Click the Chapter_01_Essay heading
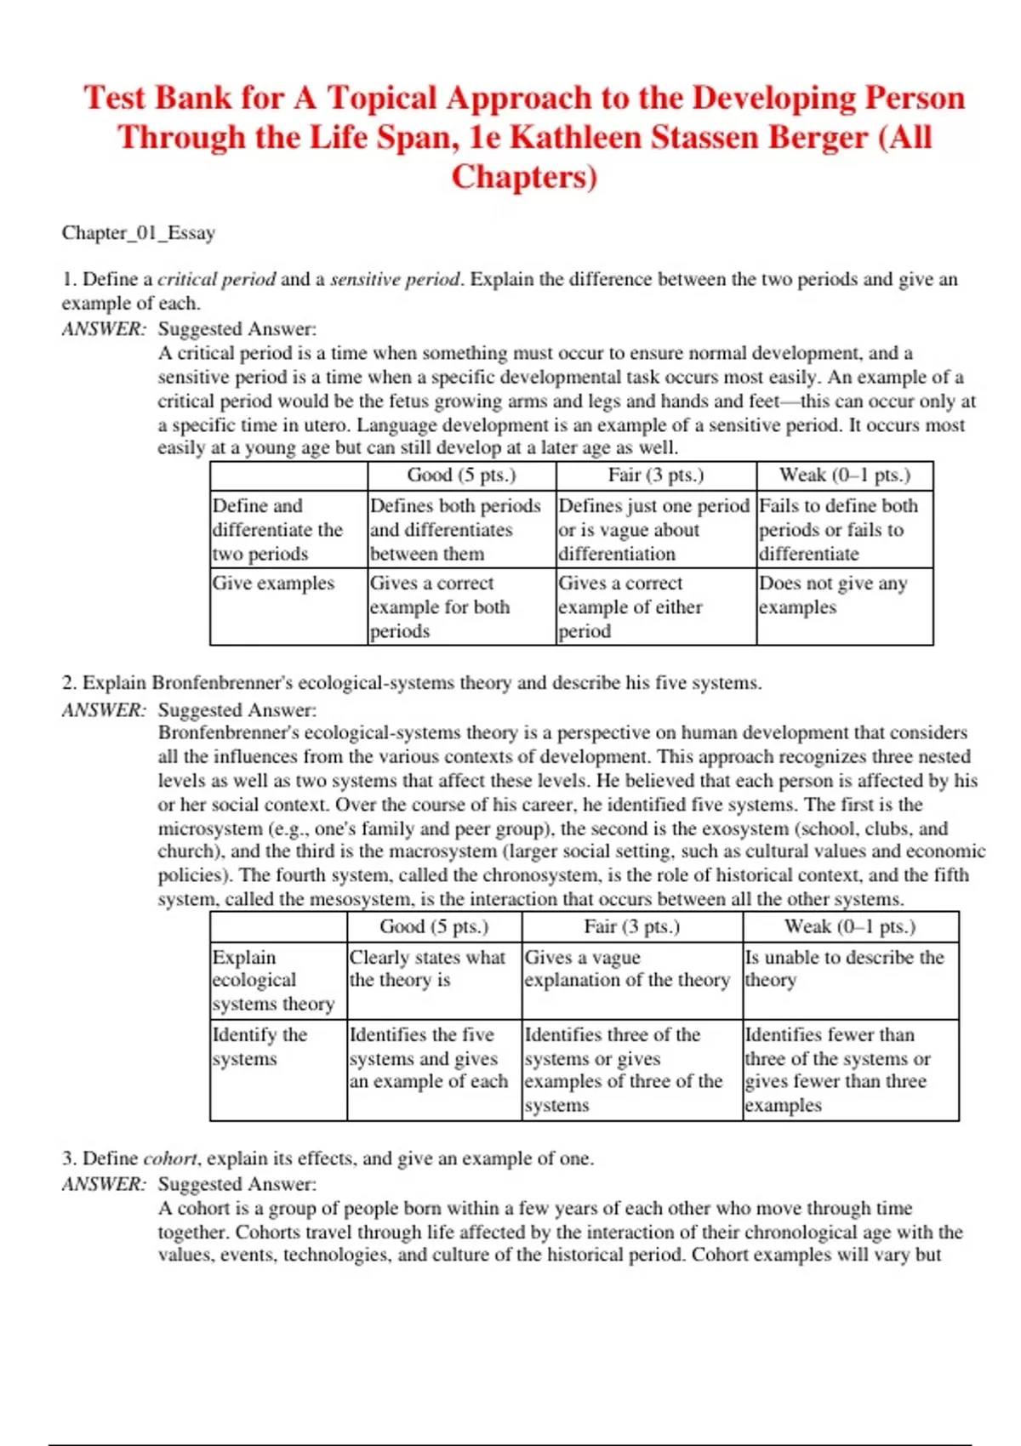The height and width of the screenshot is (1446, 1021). [138, 232]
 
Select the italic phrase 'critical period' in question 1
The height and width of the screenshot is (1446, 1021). [216, 279]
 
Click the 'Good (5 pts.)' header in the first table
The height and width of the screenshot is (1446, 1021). [461, 475]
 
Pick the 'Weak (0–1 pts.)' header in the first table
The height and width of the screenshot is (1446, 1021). [844, 475]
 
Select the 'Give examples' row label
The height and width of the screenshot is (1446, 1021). [273, 584]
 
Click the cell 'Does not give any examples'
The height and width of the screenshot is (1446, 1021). [833, 595]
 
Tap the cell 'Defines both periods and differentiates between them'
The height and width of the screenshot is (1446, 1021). [455, 529]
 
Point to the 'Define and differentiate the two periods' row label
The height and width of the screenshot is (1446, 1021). [277, 529]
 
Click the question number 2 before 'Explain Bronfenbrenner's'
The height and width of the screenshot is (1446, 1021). [68, 683]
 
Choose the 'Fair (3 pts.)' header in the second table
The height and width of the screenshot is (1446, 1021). [631, 926]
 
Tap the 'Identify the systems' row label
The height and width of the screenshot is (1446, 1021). [259, 1046]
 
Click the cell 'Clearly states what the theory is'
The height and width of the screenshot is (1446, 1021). [427, 969]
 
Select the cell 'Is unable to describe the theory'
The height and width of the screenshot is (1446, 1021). [844, 969]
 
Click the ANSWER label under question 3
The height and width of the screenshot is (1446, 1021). [104, 1184]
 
